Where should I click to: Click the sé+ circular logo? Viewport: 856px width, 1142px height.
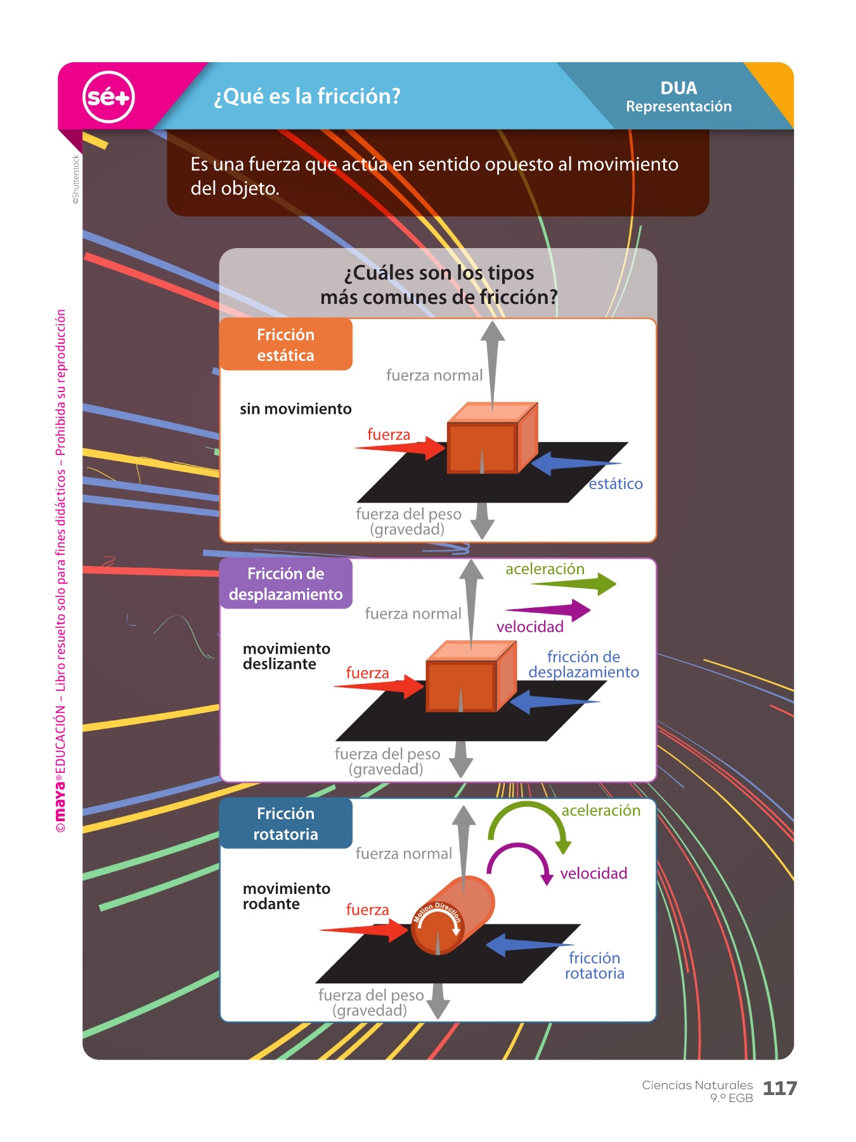[108, 97]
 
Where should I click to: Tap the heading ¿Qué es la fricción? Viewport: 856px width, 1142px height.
[308, 96]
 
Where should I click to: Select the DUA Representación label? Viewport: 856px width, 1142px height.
[678, 97]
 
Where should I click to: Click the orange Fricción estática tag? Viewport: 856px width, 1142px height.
[285, 345]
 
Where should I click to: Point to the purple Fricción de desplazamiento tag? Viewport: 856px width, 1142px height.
[285, 584]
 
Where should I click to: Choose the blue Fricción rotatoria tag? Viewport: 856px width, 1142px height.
[285, 824]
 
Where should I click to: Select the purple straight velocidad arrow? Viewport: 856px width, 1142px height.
[552, 610]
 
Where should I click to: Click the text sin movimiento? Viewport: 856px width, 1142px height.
[295, 409]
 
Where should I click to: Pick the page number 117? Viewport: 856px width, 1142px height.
[779, 1089]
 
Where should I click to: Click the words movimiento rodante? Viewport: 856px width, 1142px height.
[286, 896]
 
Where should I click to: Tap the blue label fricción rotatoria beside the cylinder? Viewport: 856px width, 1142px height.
[594, 966]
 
